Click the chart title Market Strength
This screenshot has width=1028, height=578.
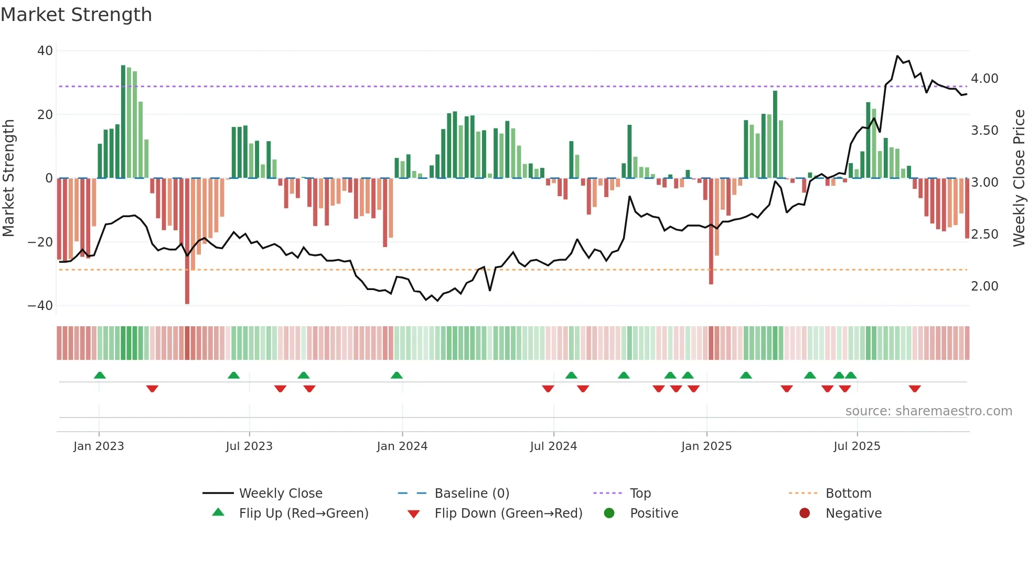coord(76,15)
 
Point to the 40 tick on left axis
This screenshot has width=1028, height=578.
coord(45,51)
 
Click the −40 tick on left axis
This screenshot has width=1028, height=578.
coord(40,306)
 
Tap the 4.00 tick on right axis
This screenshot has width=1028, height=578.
coord(984,79)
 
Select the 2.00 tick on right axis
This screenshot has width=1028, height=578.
coord(984,286)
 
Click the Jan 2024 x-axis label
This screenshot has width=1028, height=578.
coord(402,446)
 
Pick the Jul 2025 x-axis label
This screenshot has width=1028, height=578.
coord(856,446)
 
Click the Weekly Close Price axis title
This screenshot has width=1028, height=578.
coord(1019,178)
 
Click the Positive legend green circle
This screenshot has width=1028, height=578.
coord(609,513)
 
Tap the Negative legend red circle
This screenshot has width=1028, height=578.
coord(805,513)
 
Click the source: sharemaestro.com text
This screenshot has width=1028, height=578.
coord(928,411)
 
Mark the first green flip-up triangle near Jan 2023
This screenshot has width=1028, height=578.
coord(100,375)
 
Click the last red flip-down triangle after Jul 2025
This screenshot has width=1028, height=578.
coord(915,389)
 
